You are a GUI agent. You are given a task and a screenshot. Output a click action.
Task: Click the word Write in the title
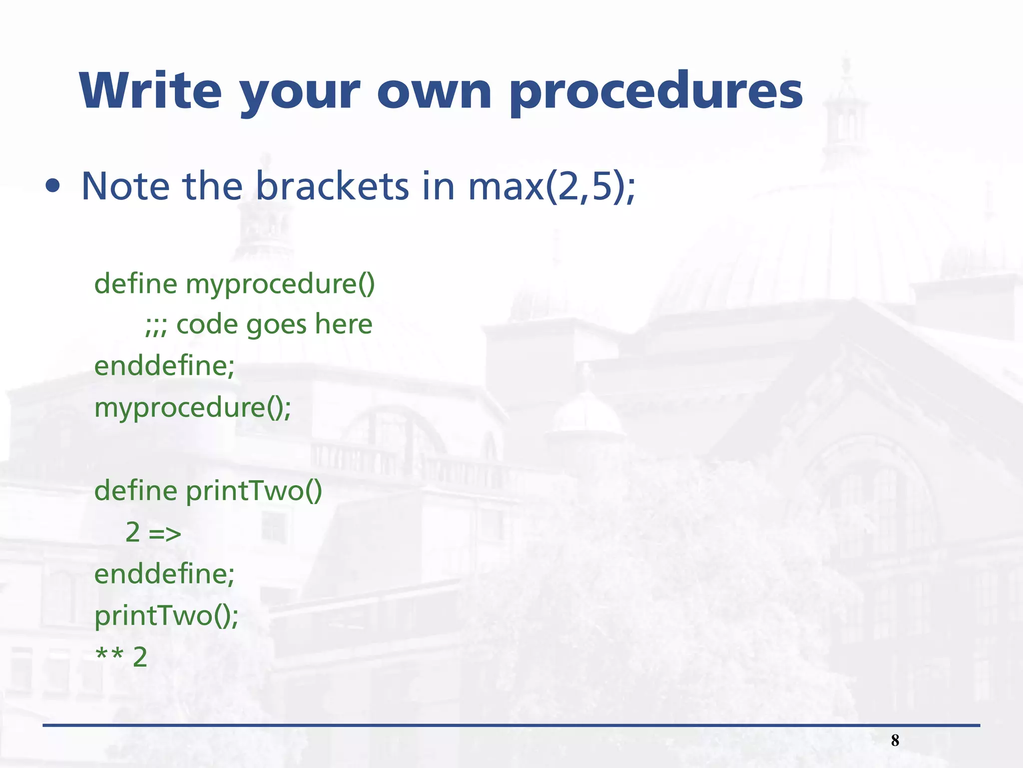tap(150, 91)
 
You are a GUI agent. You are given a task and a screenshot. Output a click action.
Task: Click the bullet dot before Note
tap(52, 186)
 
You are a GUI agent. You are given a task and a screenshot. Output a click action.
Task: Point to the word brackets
tap(332, 186)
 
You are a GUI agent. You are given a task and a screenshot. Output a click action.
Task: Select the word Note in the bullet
tap(125, 186)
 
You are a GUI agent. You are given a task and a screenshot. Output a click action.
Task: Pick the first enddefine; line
tap(164, 366)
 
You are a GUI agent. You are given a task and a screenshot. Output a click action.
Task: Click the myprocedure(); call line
tap(193, 408)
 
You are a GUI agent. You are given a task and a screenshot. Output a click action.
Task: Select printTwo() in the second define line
tap(254, 490)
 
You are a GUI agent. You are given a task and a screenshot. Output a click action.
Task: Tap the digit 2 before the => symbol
tap(132, 532)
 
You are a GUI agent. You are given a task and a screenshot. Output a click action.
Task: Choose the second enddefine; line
tap(164, 574)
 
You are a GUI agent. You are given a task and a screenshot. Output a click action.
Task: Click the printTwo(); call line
tap(166, 616)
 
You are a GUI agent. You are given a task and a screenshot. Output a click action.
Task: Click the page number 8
tap(895, 740)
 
